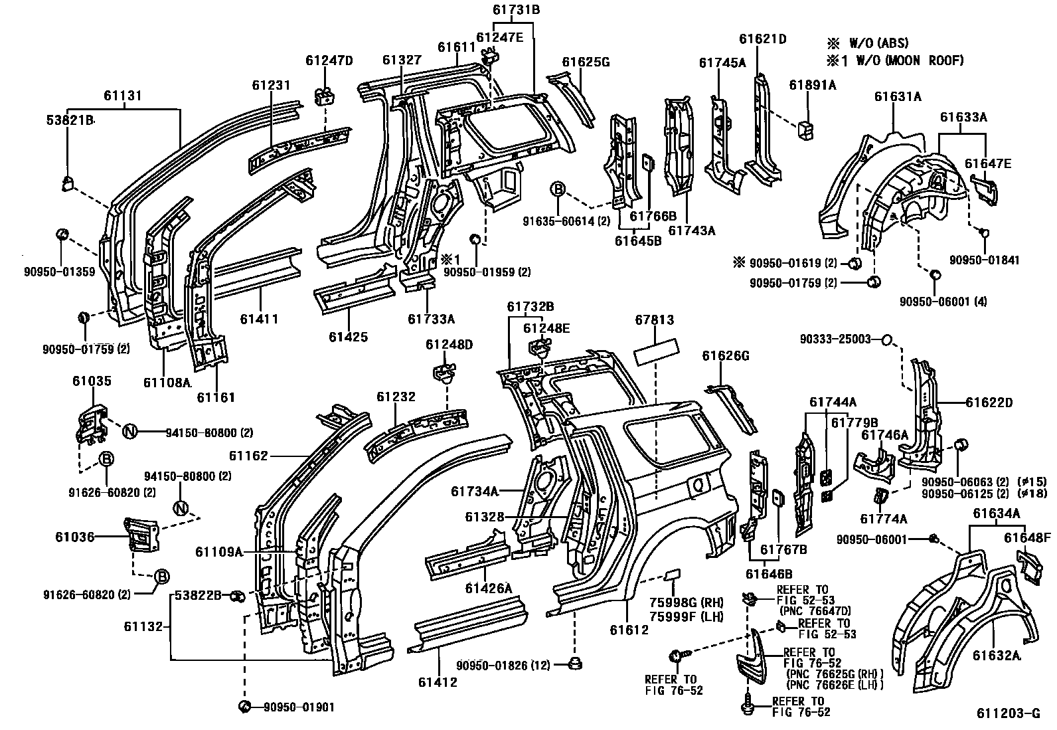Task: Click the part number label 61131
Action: coord(123,96)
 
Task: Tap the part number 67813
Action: coord(654,321)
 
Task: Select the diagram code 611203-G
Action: coord(1007,714)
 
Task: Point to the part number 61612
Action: coord(629,630)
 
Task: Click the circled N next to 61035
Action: coord(129,432)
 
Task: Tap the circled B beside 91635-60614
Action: coord(558,190)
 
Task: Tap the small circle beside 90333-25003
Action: coord(885,339)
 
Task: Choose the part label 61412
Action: coord(438,682)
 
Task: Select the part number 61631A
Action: coord(897,96)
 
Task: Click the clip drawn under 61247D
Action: coord(323,96)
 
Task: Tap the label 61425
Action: coord(348,337)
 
